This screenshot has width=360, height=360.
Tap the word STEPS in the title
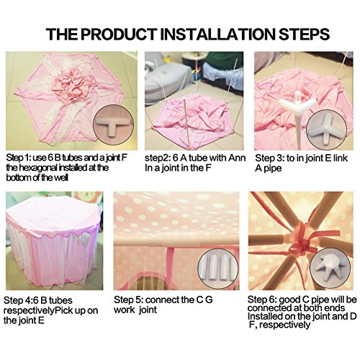tap(304, 35)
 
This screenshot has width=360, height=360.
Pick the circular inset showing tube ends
tap(218, 268)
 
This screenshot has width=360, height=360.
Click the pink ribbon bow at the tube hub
tap(304, 244)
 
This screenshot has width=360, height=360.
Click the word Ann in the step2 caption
tap(237, 158)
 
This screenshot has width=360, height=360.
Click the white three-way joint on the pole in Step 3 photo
tap(297, 102)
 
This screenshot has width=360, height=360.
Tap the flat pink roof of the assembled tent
tap(52, 215)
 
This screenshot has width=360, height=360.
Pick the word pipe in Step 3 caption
tap(272, 168)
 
